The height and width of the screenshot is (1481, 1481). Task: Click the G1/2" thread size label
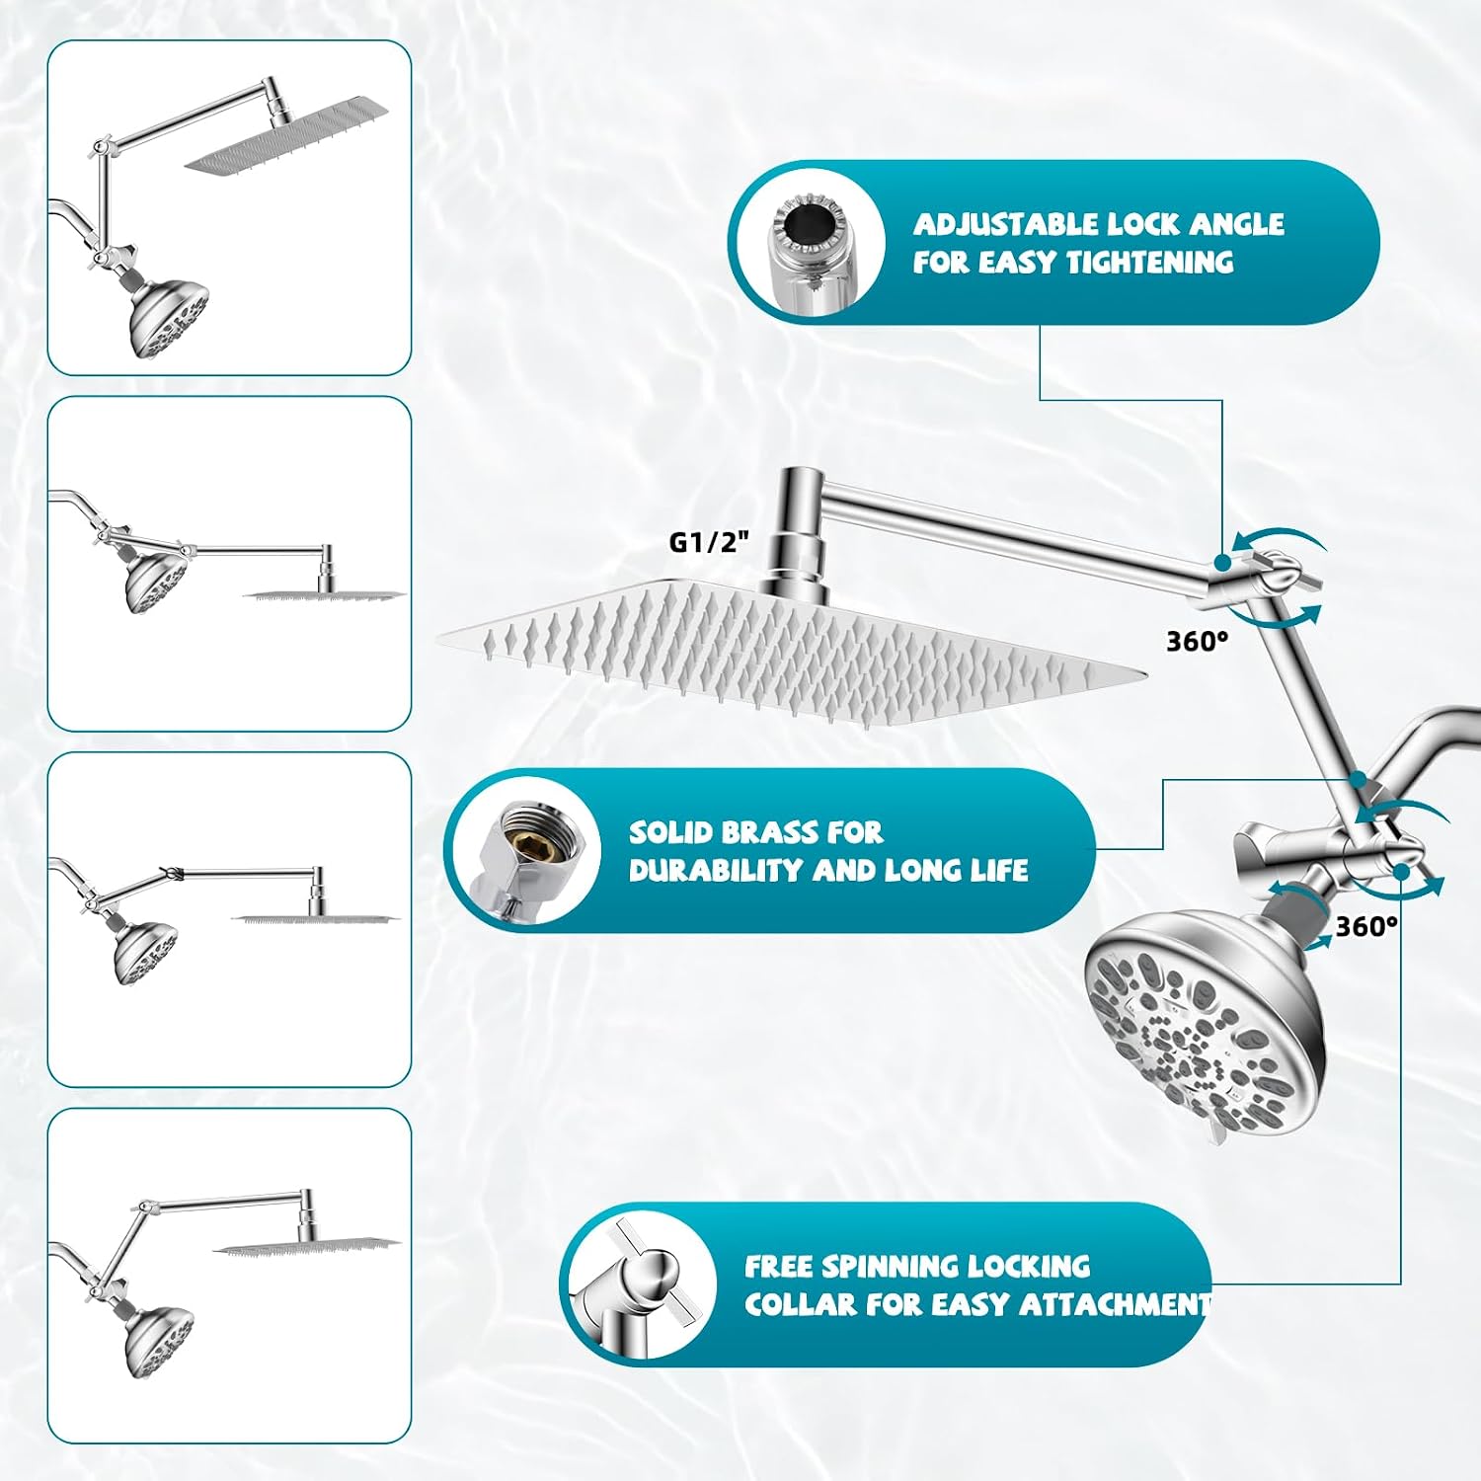(710, 542)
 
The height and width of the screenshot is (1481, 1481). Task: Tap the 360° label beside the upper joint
(1198, 642)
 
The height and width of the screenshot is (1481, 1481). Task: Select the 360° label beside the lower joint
(1366, 926)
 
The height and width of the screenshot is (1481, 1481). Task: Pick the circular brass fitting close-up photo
(529, 850)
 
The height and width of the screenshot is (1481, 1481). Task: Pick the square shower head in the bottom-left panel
(307, 1247)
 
